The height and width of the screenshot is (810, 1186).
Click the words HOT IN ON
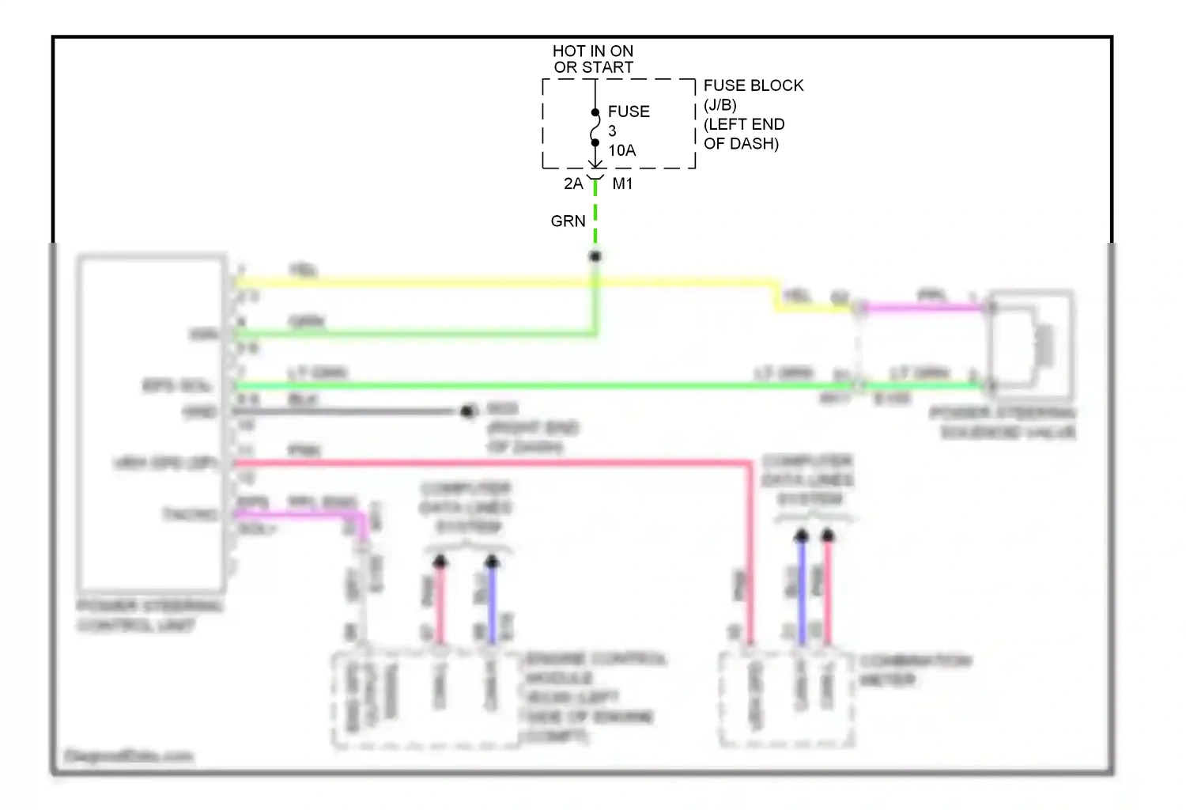coord(593,51)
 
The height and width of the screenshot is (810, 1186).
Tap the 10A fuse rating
coord(621,150)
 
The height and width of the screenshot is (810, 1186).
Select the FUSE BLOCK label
coord(753,85)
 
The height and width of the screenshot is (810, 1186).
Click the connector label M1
coord(622,184)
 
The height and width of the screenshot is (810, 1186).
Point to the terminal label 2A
coord(573,184)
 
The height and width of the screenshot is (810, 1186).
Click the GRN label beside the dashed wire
coord(568,221)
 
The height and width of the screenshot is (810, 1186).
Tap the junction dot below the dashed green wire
coord(595,256)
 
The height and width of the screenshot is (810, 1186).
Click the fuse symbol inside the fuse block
coord(595,128)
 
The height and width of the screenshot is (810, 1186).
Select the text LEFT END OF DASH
coord(743,134)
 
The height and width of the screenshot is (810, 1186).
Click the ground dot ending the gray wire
coord(467,411)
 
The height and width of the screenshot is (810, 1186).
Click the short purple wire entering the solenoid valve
coord(925,308)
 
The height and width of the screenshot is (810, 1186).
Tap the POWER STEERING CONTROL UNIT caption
coord(149,616)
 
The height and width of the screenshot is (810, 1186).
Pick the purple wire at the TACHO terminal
coord(300,515)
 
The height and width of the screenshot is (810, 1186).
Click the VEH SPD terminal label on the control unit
coord(166,463)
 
